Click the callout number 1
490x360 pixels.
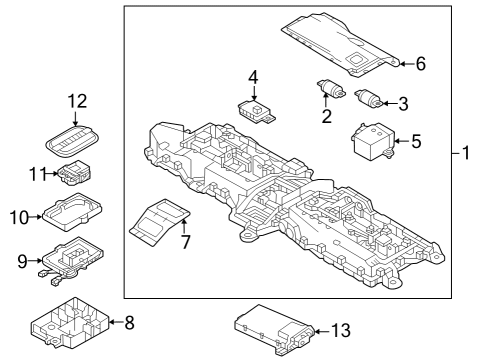(467, 154)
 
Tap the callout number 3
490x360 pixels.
(402, 102)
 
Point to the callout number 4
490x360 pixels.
(253, 77)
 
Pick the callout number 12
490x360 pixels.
(78, 101)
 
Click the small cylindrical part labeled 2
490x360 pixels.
(327, 89)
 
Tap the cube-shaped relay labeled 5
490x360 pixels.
(372, 142)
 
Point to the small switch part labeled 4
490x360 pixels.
(256, 108)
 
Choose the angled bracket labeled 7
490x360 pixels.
(160, 219)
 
